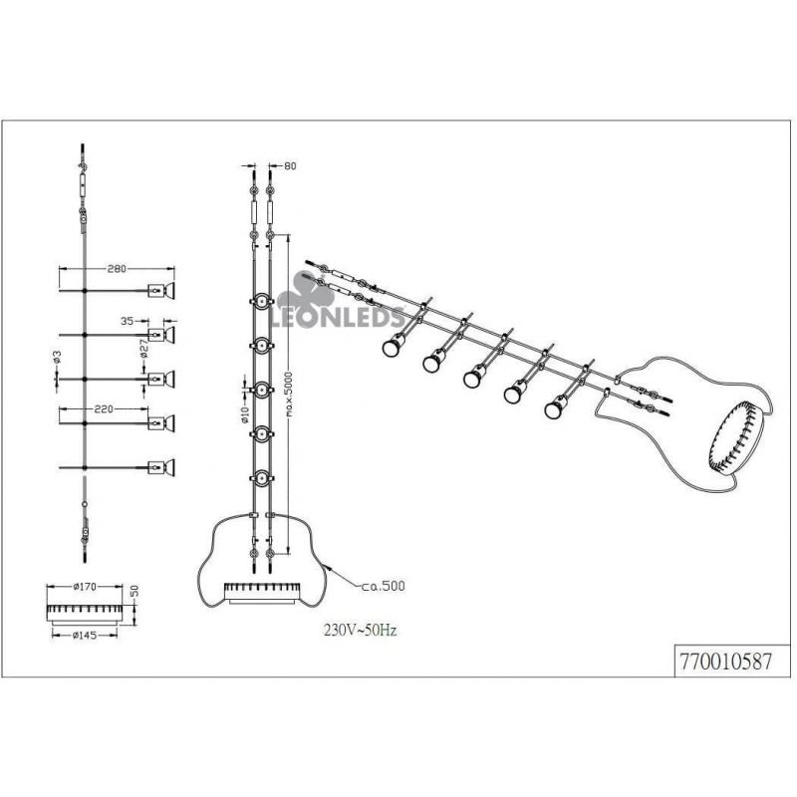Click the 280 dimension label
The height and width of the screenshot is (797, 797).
tap(117, 269)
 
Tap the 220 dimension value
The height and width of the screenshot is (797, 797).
tap(104, 408)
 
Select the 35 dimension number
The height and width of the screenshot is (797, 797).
tap(128, 321)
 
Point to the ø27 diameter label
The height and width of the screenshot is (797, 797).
tap(143, 348)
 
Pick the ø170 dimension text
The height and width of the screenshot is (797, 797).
tap(85, 587)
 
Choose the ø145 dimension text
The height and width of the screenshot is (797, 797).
tap(85, 635)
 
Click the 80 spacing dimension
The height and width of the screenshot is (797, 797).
tap(290, 165)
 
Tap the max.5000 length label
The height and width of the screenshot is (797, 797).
tap(289, 394)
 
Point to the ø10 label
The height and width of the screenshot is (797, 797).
tap(244, 414)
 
